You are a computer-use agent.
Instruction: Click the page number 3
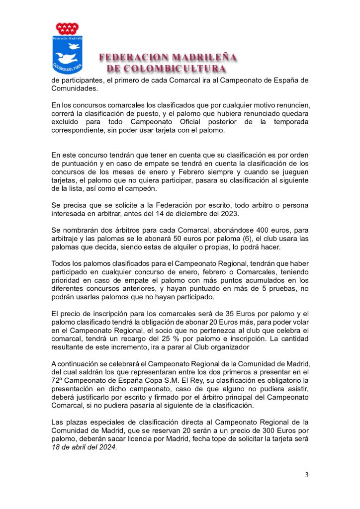tap(307, 475)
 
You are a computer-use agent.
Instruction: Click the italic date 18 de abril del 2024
tap(84, 448)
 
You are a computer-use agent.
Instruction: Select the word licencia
tap(151, 439)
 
